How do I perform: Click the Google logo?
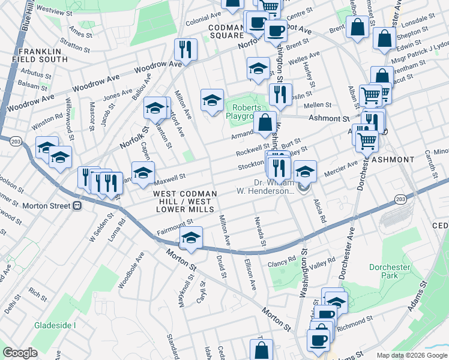click(20, 353)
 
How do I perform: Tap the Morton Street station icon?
click(77, 206)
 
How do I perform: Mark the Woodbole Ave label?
click(131, 270)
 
